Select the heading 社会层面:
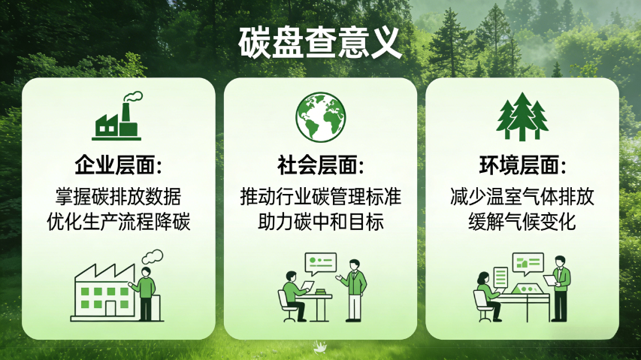pos(320,165)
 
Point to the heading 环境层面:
pos(522,165)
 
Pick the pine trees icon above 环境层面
pos(522,116)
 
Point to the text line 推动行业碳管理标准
pos(320,197)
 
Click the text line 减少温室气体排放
pos(522,197)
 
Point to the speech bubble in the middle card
pos(320,262)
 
